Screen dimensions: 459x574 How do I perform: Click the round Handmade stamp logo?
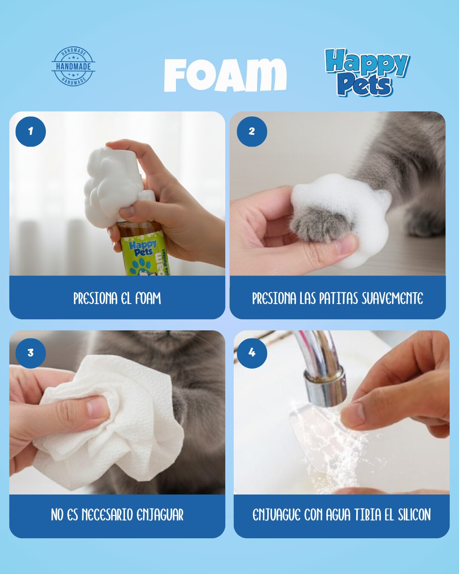click(74, 66)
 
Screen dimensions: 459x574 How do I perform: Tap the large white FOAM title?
click(225, 75)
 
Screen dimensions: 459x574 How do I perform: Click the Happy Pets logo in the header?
click(367, 72)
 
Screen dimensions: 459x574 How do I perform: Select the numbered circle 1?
click(31, 131)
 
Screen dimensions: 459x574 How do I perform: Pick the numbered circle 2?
click(252, 131)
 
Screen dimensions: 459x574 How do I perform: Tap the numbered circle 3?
click(31, 353)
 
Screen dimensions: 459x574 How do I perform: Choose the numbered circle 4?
click(252, 353)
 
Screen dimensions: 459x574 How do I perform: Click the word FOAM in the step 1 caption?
click(148, 298)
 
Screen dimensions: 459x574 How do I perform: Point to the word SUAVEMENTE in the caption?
click(392, 298)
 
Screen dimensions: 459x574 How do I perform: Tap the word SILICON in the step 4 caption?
click(414, 515)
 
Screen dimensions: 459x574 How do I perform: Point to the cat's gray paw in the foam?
click(320, 223)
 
